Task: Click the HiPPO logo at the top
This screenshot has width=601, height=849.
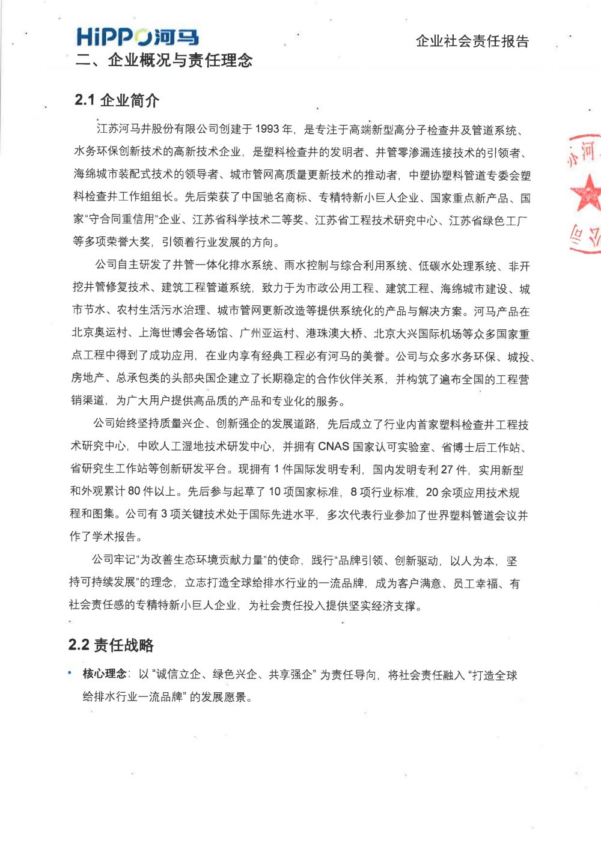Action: [x=137, y=37]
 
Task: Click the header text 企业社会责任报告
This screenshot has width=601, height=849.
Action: [x=472, y=41]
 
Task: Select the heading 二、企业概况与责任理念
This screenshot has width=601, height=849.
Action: [x=164, y=60]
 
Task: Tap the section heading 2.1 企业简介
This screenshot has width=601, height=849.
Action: [x=117, y=100]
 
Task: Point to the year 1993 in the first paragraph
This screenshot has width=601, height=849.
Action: [x=267, y=129]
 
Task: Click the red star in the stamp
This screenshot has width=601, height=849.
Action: [x=587, y=193]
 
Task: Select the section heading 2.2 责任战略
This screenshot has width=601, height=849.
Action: [x=111, y=645]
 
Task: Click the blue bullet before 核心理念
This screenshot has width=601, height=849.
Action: [x=70, y=673]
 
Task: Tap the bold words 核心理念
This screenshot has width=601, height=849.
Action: [x=105, y=674]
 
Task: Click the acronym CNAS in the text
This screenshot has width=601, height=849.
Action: [x=334, y=446]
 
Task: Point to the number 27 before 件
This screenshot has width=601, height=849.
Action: [x=447, y=469]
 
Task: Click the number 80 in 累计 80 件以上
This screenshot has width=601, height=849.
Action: [x=134, y=491]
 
